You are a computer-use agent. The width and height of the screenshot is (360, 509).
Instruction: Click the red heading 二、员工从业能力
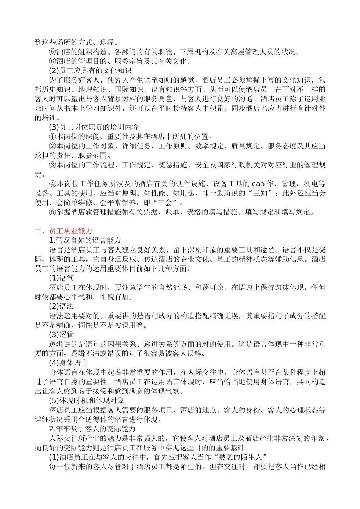63,231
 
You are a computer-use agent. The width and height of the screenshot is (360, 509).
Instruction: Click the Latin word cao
258,184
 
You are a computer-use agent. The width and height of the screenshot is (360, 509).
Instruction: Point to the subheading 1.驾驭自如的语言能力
85,240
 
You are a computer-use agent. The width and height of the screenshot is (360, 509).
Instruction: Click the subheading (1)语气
61,278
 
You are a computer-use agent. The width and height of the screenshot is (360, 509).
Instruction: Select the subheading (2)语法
61,306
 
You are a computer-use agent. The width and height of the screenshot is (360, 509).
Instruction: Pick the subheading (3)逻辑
61,335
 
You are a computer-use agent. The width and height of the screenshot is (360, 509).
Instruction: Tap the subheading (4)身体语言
69,363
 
